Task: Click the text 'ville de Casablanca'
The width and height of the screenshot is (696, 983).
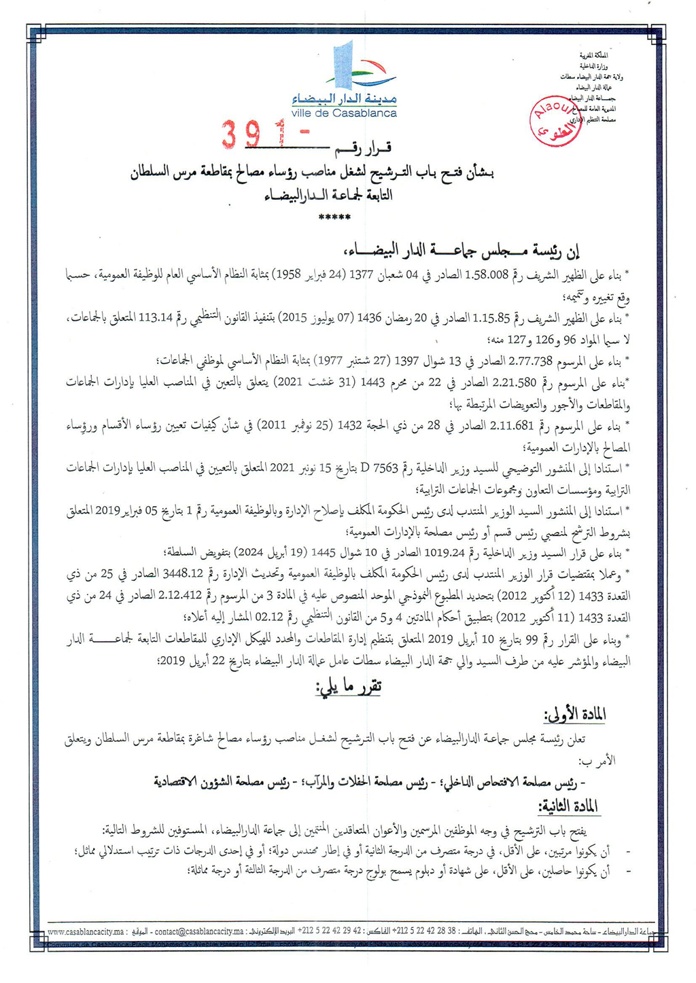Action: (x=344, y=113)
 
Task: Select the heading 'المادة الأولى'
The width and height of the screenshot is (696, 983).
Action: (x=575, y=715)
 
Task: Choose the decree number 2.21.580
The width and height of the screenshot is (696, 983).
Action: (x=519, y=382)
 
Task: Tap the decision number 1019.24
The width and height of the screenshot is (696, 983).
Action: (x=443, y=551)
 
